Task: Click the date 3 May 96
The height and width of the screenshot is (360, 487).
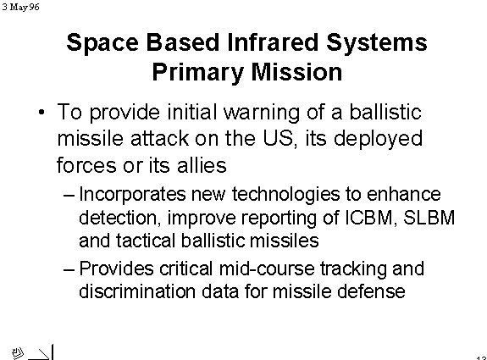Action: point(20,7)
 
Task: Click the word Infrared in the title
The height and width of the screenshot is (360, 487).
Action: point(273,42)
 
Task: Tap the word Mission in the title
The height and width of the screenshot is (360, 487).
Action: point(296,72)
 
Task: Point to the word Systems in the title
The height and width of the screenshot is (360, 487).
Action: point(377,43)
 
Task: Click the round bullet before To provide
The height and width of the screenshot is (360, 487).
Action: point(42,112)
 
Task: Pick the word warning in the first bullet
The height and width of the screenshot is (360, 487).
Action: point(262,113)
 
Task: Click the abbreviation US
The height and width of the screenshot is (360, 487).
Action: point(278,138)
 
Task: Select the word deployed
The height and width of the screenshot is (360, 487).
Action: point(378,140)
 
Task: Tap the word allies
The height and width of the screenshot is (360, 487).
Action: point(202,164)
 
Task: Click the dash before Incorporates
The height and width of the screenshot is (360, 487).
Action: point(69,196)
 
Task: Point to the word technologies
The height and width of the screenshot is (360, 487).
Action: point(285,195)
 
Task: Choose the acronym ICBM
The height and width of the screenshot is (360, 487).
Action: point(368,218)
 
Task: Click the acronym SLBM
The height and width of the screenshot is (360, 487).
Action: point(429,218)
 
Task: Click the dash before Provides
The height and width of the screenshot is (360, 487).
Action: point(69,269)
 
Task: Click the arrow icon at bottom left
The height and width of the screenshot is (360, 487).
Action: point(40,354)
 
